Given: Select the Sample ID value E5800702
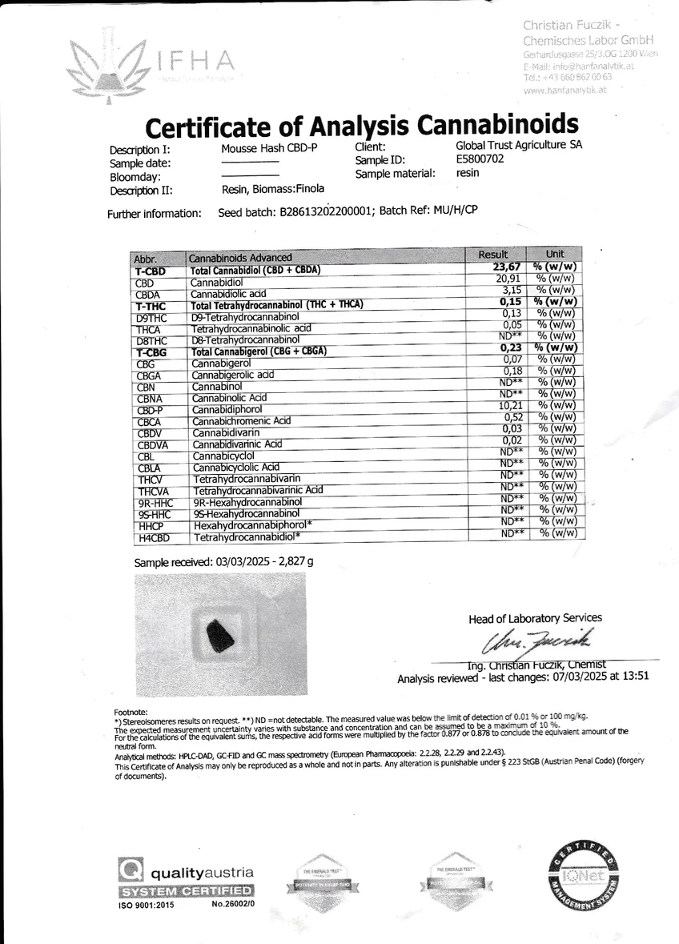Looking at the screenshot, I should tap(480, 159).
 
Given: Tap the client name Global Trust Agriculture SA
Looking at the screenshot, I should tap(519, 146).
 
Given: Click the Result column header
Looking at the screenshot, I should tap(493, 254).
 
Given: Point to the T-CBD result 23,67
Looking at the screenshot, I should tap(507, 267).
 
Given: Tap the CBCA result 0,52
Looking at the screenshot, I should tap(512, 418).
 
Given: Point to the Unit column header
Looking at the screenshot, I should tap(554, 254).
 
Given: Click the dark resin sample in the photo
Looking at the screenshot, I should tap(220, 637).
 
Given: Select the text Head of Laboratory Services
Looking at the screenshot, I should tap(535, 617).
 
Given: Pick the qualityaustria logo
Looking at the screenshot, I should tap(187, 878).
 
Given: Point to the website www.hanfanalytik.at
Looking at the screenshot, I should tap(564, 90).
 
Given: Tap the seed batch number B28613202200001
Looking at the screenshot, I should tap(326, 213).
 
